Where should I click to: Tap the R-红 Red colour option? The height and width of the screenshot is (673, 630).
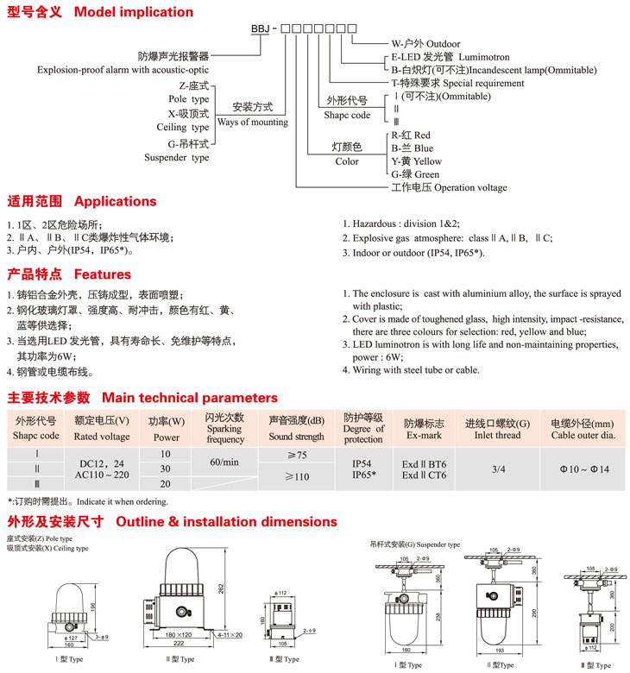411,135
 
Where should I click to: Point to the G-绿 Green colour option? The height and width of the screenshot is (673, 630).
415,174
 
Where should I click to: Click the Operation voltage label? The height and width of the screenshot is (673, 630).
449,187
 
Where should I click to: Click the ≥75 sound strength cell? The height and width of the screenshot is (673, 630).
296,455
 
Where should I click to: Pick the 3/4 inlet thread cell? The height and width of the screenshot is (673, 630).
499,469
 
